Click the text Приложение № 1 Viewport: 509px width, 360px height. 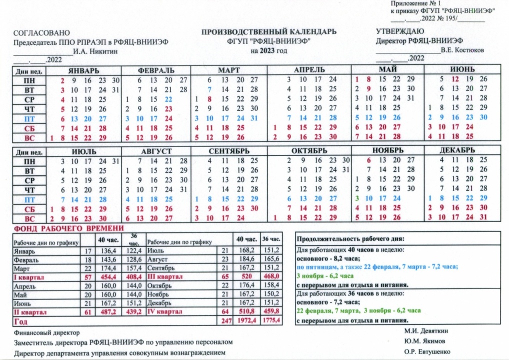pos(413,4)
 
